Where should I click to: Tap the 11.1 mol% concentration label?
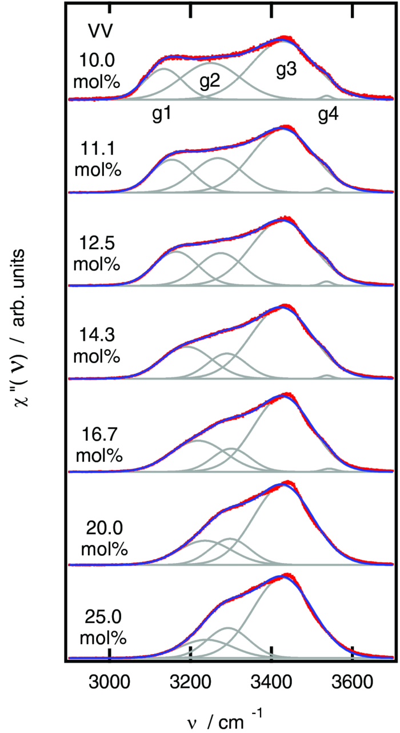click(x=100, y=160)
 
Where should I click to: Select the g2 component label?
click(x=210, y=81)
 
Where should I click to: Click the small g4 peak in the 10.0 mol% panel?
click(x=326, y=96)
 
